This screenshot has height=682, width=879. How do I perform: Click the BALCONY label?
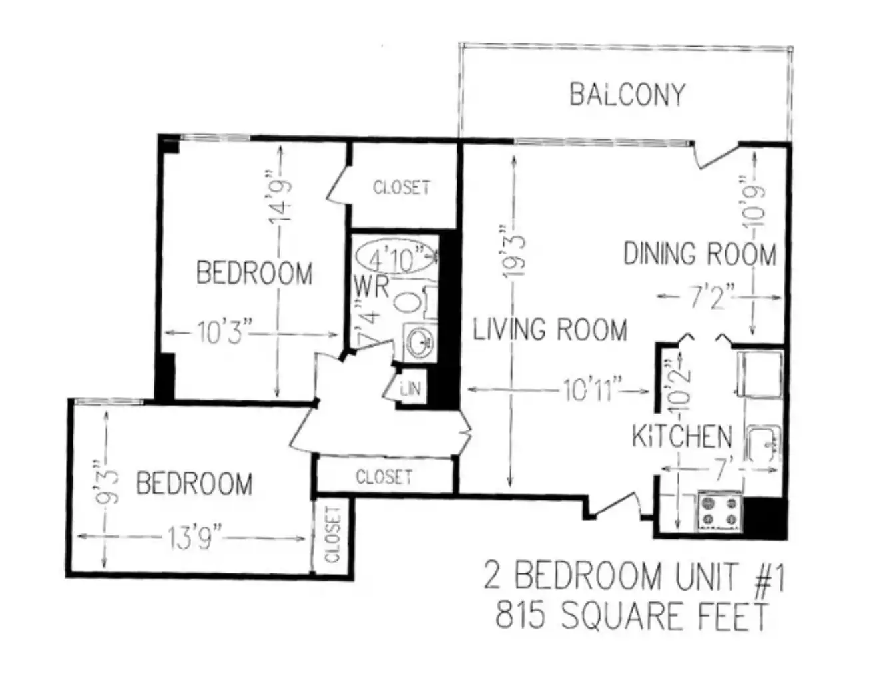pyautogui.click(x=627, y=95)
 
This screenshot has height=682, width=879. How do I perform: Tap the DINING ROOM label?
pyautogui.click(x=700, y=254)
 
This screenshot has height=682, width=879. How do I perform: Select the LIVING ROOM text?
pyautogui.click(x=550, y=329)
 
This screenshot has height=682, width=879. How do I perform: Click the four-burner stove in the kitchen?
pyautogui.click(x=720, y=511)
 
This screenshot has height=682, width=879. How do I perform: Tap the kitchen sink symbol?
pyautogui.click(x=763, y=444)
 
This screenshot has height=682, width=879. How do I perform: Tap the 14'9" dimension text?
pyautogui.click(x=280, y=197)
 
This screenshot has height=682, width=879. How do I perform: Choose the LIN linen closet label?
pyautogui.click(x=411, y=389)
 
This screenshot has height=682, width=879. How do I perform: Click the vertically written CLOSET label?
pyautogui.click(x=334, y=535)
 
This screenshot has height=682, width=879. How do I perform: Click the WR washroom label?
pyautogui.click(x=372, y=287)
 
